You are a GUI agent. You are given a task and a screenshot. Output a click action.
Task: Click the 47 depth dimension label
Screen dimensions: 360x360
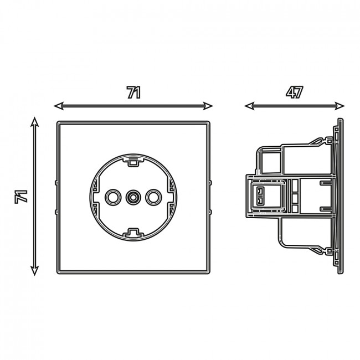(x=294, y=92)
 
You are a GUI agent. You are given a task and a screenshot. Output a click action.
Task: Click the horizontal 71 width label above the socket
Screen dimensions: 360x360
(x=133, y=92)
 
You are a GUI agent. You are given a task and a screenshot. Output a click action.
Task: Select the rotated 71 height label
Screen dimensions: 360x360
(x=21, y=197)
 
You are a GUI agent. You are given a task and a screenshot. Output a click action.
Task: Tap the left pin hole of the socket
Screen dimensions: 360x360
(x=113, y=197)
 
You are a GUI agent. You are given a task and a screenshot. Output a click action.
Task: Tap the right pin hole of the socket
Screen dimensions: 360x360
(x=153, y=197)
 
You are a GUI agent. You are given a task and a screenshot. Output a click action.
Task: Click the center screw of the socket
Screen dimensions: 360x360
(x=133, y=197)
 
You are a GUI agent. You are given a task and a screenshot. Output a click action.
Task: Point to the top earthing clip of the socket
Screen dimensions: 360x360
(x=133, y=161)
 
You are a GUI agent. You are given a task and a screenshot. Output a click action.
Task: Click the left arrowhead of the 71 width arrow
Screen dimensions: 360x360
(x=59, y=106)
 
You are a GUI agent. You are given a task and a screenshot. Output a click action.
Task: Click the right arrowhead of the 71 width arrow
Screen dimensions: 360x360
(x=208, y=106)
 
